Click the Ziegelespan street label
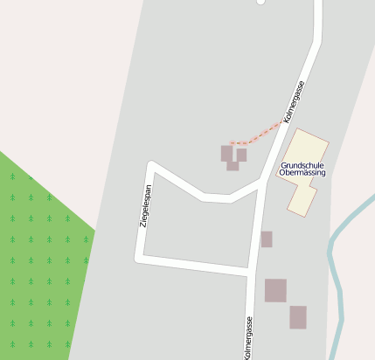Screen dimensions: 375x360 [146, 207]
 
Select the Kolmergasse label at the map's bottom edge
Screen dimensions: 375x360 [249, 339]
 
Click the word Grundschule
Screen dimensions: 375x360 [302, 164]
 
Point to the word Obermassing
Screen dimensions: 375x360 [302, 173]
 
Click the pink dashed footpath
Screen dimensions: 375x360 [258, 135]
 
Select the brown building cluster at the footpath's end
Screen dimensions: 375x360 [233, 156]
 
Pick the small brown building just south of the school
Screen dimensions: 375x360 [267, 239]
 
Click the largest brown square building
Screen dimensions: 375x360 [275, 290]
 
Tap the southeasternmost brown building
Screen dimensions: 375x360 [298, 317]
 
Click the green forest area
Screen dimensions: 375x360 [39, 262]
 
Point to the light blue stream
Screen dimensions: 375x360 [335, 262]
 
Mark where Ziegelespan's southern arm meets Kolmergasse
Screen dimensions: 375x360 [253, 273]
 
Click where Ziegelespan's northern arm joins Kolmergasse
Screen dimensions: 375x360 [264, 184]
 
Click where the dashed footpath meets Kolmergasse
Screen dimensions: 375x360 [284, 121]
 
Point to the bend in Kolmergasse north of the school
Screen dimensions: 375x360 [316, 44]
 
